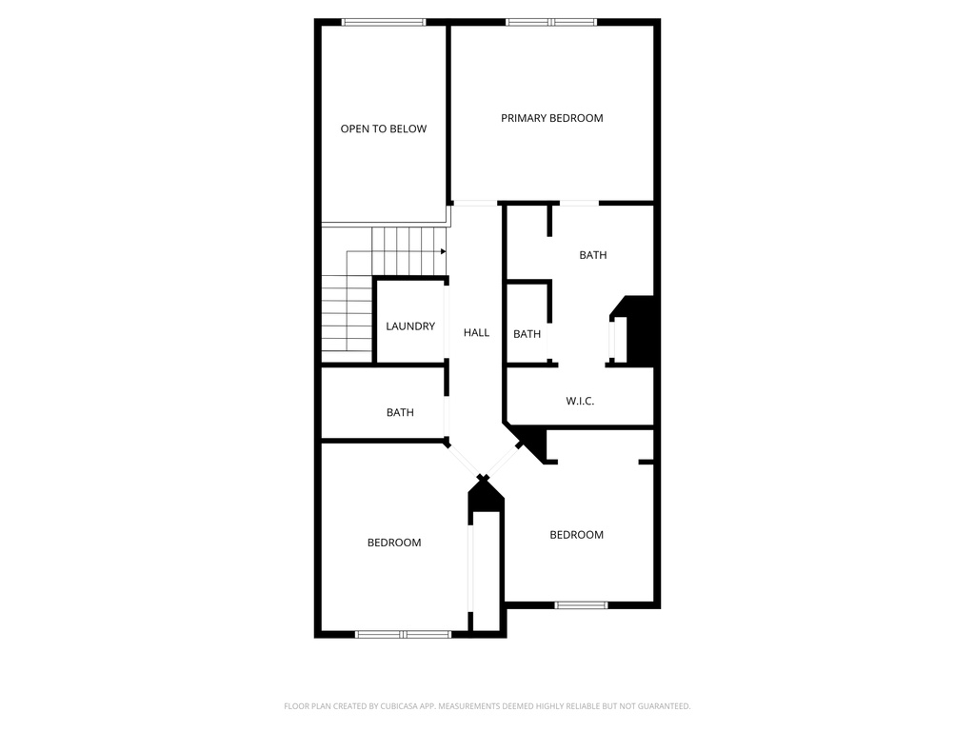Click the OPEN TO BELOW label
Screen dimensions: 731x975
coord(384,128)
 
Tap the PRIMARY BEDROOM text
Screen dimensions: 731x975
coord(552,118)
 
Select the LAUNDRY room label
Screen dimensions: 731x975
coord(410,326)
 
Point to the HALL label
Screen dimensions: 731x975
coord(476,332)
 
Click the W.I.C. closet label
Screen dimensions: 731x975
coord(580,402)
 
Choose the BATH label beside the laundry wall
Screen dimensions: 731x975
coord(400,412)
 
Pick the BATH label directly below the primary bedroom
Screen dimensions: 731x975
coord(593,255)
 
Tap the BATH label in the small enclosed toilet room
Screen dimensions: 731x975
coord(527,334)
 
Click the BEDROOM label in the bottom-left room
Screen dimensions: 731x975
coord(394,543)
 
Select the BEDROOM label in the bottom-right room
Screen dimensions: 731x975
coord(576,535)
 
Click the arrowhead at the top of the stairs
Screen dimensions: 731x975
coord(444,251)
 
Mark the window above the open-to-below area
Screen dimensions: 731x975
coord(384,22)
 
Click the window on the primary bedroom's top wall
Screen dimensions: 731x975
coord(551,22)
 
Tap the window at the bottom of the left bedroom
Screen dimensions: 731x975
coord(403,634)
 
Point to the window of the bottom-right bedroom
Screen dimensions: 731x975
coord(581,604)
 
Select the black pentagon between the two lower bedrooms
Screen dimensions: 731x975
coord(486,496)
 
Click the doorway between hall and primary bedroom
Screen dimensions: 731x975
coord(474,203)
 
